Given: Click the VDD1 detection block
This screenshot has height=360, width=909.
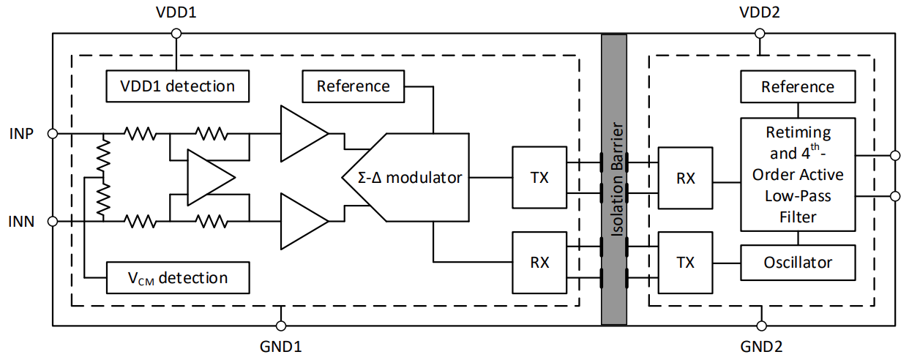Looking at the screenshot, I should click(177, 86).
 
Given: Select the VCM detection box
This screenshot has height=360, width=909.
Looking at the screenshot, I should click(177, 277).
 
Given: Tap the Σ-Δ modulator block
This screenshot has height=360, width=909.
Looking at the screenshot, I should click(403, 177).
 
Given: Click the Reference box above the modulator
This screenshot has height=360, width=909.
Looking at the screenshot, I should click(353, 86).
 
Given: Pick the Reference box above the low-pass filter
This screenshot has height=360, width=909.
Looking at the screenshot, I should click(798, 86).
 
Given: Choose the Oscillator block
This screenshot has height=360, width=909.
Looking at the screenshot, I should click(798, 262).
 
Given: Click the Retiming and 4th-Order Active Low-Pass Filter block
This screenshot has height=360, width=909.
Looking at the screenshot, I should click(798, 175).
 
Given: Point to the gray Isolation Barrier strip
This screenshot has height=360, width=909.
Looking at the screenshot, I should click(614, 179).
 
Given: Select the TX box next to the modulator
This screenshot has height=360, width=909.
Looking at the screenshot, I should click(539, 178).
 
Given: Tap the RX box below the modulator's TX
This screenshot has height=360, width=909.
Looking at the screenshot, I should click(539, 262).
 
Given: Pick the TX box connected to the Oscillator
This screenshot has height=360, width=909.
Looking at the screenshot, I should click(686, 262).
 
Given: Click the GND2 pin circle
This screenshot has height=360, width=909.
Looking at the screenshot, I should click(761, 325).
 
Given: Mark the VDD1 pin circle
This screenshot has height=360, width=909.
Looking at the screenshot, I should click(176, 33).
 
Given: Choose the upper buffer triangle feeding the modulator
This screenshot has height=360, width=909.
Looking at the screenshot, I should click(302, 133).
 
